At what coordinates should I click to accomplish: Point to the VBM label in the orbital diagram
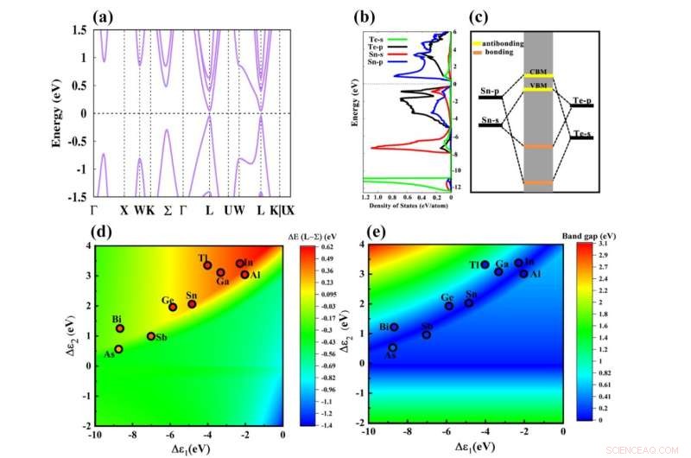click(537, 85)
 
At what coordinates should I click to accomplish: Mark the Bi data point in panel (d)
click(120, 328)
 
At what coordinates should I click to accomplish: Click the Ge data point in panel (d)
click(173, 307)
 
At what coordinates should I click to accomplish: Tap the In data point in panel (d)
click(240, 264)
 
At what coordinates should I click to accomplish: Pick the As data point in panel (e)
click(393, 347)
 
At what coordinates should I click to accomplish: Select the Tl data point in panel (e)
click(485, 264)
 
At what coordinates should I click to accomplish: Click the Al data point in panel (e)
click(523, 273)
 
